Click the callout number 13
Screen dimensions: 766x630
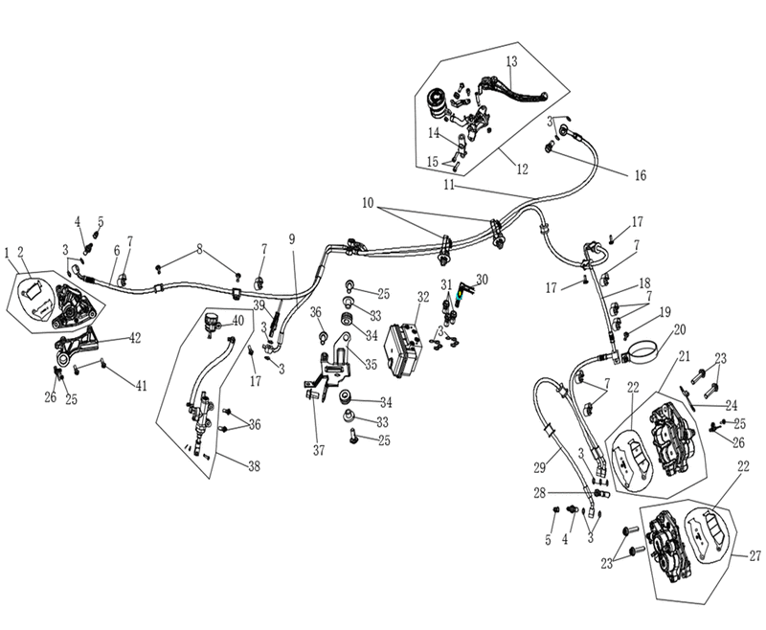(511, 61)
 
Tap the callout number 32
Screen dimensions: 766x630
(423, 297)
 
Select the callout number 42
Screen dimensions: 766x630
(134, 337)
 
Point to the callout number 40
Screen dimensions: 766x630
(237, 321)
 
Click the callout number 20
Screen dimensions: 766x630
(680, 330)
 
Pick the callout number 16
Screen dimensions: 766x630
(640, 175)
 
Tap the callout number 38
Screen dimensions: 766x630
(254, 466)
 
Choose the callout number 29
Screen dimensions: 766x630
(539, 468)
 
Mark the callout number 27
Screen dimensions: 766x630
(755, 555)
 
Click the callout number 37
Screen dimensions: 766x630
(319, 450)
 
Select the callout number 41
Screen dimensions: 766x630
(141, 386)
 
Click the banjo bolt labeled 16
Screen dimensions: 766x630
(551, 146)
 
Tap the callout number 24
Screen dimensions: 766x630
(731, 405)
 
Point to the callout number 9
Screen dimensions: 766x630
(292, 239)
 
